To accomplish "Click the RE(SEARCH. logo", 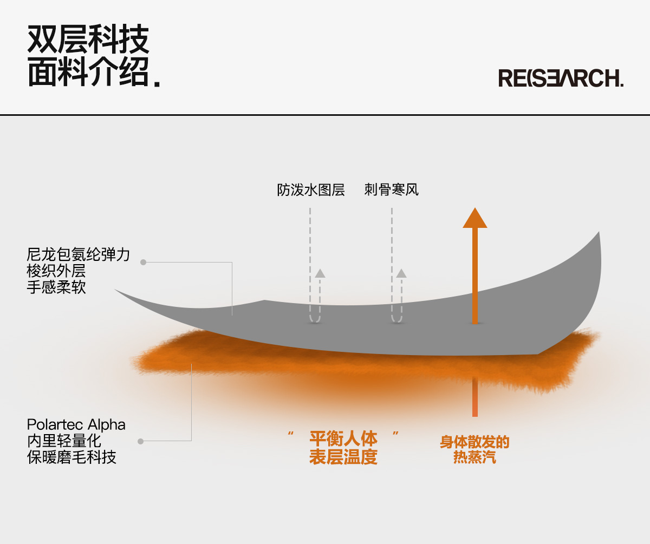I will click(561, 78).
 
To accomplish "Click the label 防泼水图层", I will click(311, 191).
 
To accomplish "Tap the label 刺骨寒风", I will click(392, 191).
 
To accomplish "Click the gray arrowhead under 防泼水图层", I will click(320, 273).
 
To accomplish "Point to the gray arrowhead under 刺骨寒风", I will click(401, 273).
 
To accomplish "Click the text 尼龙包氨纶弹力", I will click(79, 254).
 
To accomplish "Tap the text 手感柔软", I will click(56, 287).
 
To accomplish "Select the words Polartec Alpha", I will click(76, 424).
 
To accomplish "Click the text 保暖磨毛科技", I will click(71, 457).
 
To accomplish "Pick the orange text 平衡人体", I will click(343, 438).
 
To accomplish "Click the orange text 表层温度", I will click(343, 457).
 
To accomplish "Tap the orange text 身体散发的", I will click(474, 442).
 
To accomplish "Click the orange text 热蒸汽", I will click(474, 458).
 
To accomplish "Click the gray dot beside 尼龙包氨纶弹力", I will click(143, 262).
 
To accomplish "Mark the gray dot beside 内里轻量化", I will click(140, 441).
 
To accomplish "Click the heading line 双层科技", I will click(88, 40).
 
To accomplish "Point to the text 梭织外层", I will click(56, 271).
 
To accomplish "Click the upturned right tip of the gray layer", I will click(598, 236).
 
